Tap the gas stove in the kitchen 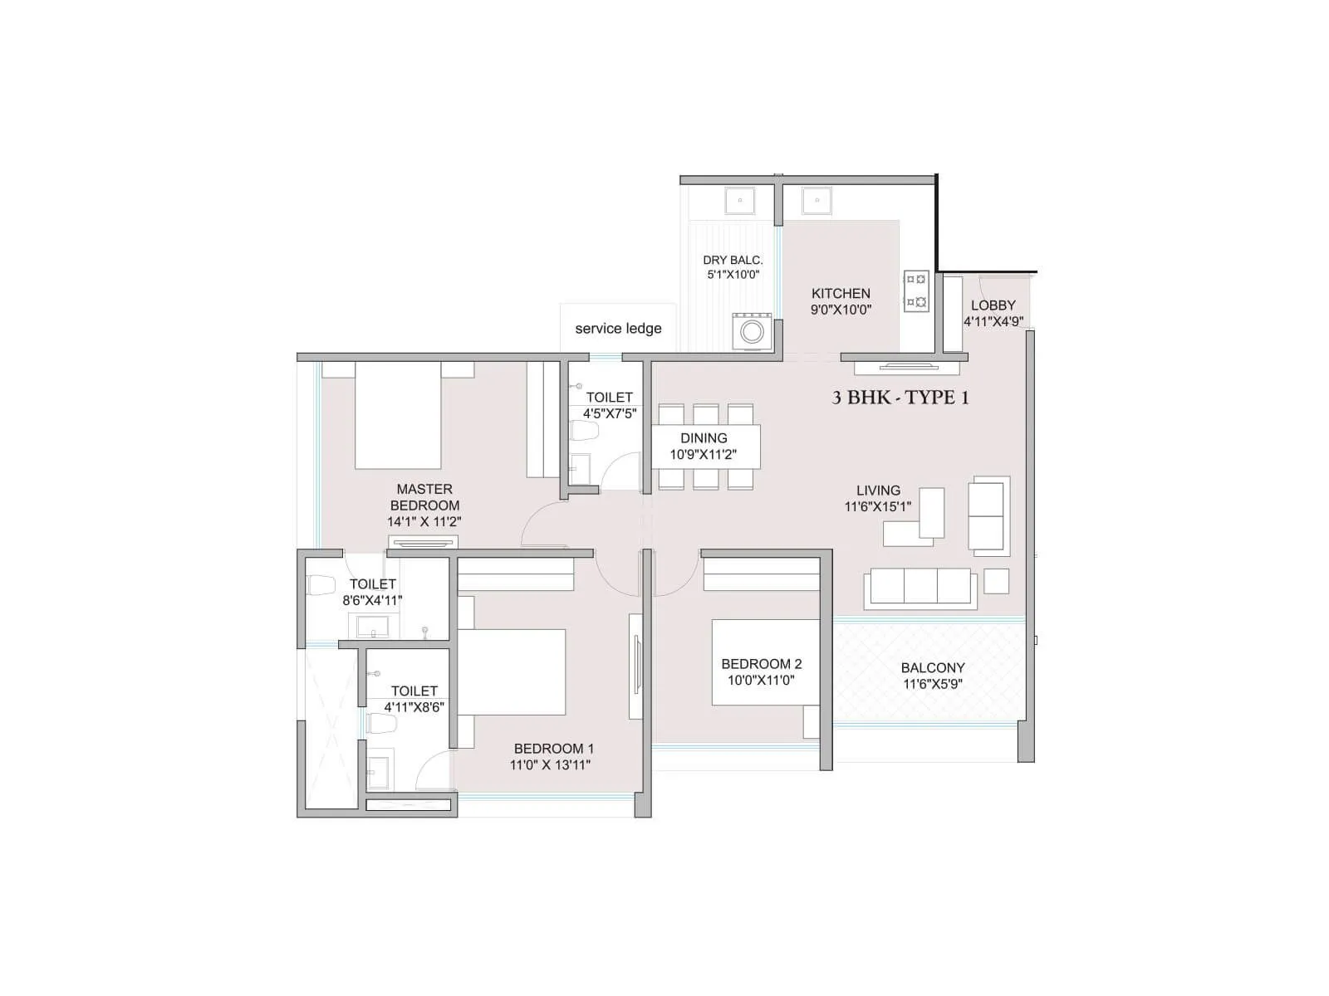coord(916,291)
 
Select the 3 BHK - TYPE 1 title coord(900,398)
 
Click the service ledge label coord(618,329)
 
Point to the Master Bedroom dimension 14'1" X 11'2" coord(424,522)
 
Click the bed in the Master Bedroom coord(397,415)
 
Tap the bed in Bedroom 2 coord(764,662)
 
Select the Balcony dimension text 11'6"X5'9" coord(933,685)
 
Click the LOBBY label coord(993,305)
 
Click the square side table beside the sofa coord(996,581)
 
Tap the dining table coord(706,447)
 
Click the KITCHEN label coord(841,294)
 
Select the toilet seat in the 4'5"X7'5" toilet coord(586,431)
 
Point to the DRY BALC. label coord(733,261)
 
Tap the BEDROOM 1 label coord(553,749)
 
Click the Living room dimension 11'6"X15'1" coord(877,506)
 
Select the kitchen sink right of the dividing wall coord(817,200)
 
